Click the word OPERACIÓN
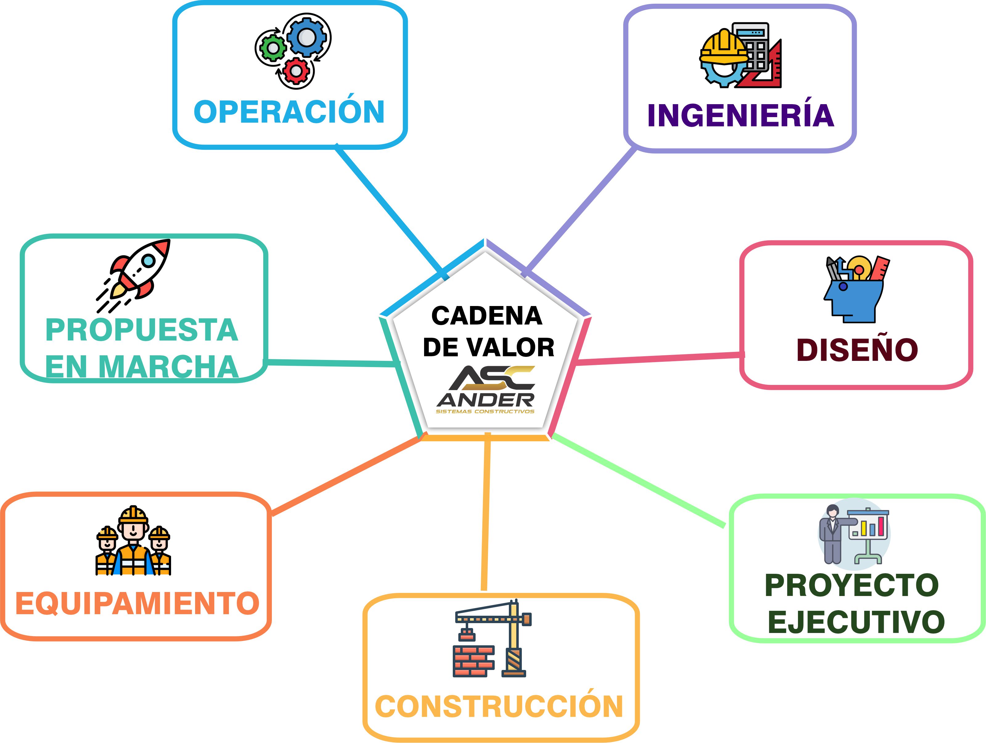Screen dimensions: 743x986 tap(289, 112)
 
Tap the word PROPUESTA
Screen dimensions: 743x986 tap(142, 330)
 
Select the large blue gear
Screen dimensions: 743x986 tap(307, 37)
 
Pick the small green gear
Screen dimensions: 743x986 tap(272, 48)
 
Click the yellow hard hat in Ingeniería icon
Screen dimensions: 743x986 tap(723, 48)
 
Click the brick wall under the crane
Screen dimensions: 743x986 tap(474, 660)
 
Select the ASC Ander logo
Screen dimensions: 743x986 tap(486, 390)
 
